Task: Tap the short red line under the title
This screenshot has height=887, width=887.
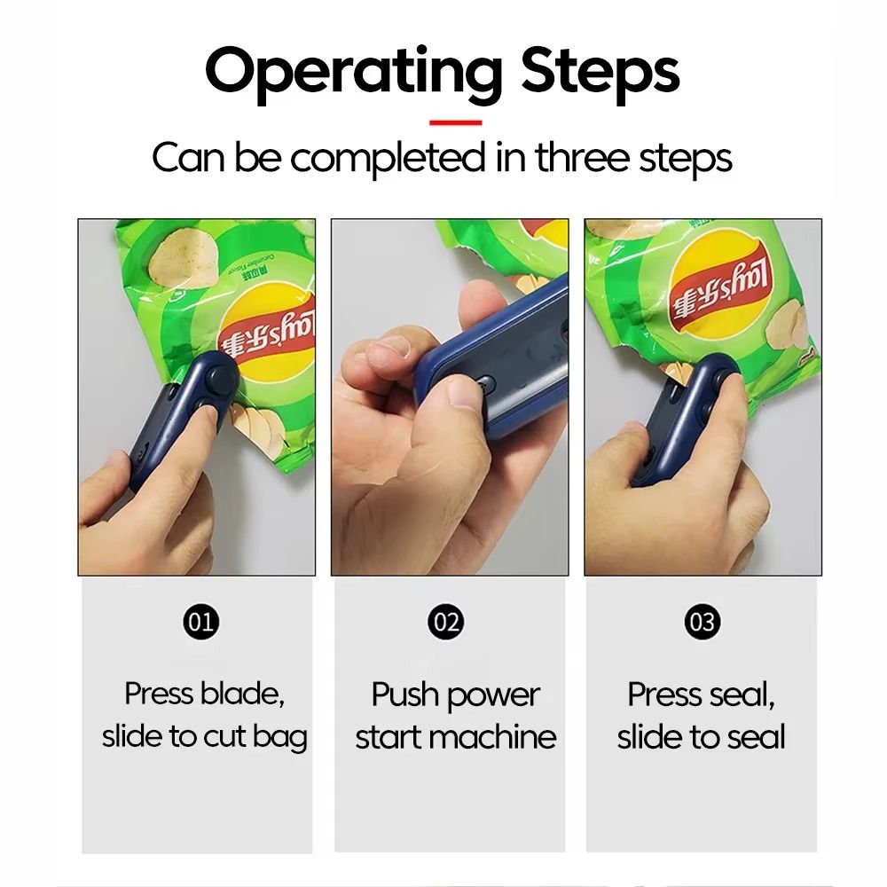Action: coord(456,122)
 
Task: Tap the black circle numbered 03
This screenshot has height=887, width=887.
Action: coord(702,622)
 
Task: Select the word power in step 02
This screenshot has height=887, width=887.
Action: coord(499,694)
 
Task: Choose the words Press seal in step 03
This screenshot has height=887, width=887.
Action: coord(701,694)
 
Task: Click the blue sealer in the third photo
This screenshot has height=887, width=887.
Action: coord(683,417)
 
